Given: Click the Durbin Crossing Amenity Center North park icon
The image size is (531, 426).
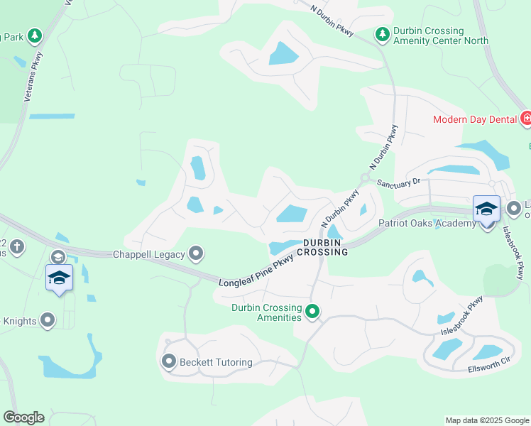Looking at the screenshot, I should pyautogui.click(x=382, y=34).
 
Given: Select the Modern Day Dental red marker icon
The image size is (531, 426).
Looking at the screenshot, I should pyautogui.click(x=525, y=119).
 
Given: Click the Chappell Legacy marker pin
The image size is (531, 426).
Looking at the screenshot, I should pyautogui.click(x=197, y=253).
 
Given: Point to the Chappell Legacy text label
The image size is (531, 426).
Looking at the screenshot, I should pyautogui.click(x=149, y=254).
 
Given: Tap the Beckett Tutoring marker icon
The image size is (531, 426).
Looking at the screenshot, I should pyautogui.click(x=169, y=362).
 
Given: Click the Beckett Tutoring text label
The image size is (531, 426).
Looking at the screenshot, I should pyautogui.click(x=216, y=362).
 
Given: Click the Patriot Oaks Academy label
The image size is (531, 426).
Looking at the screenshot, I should pyautogui.click(x=427, y=223).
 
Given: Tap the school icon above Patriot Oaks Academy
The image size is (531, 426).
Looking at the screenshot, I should pyautogui.click(x=486, y=209).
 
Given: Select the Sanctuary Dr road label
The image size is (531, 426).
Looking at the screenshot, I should pyautogui.click(x=398, y=182).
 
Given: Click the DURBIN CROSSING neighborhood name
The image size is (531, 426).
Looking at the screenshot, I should pyautogui.click(x=326, y=247).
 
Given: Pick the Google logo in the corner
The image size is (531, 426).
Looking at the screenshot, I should pyautogui.click(x=23, y=417).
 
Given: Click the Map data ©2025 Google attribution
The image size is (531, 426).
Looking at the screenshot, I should pyautogui.click(x=487, y=420).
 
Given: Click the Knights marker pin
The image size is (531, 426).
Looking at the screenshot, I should pyautogui.click(x=48, y=321).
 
